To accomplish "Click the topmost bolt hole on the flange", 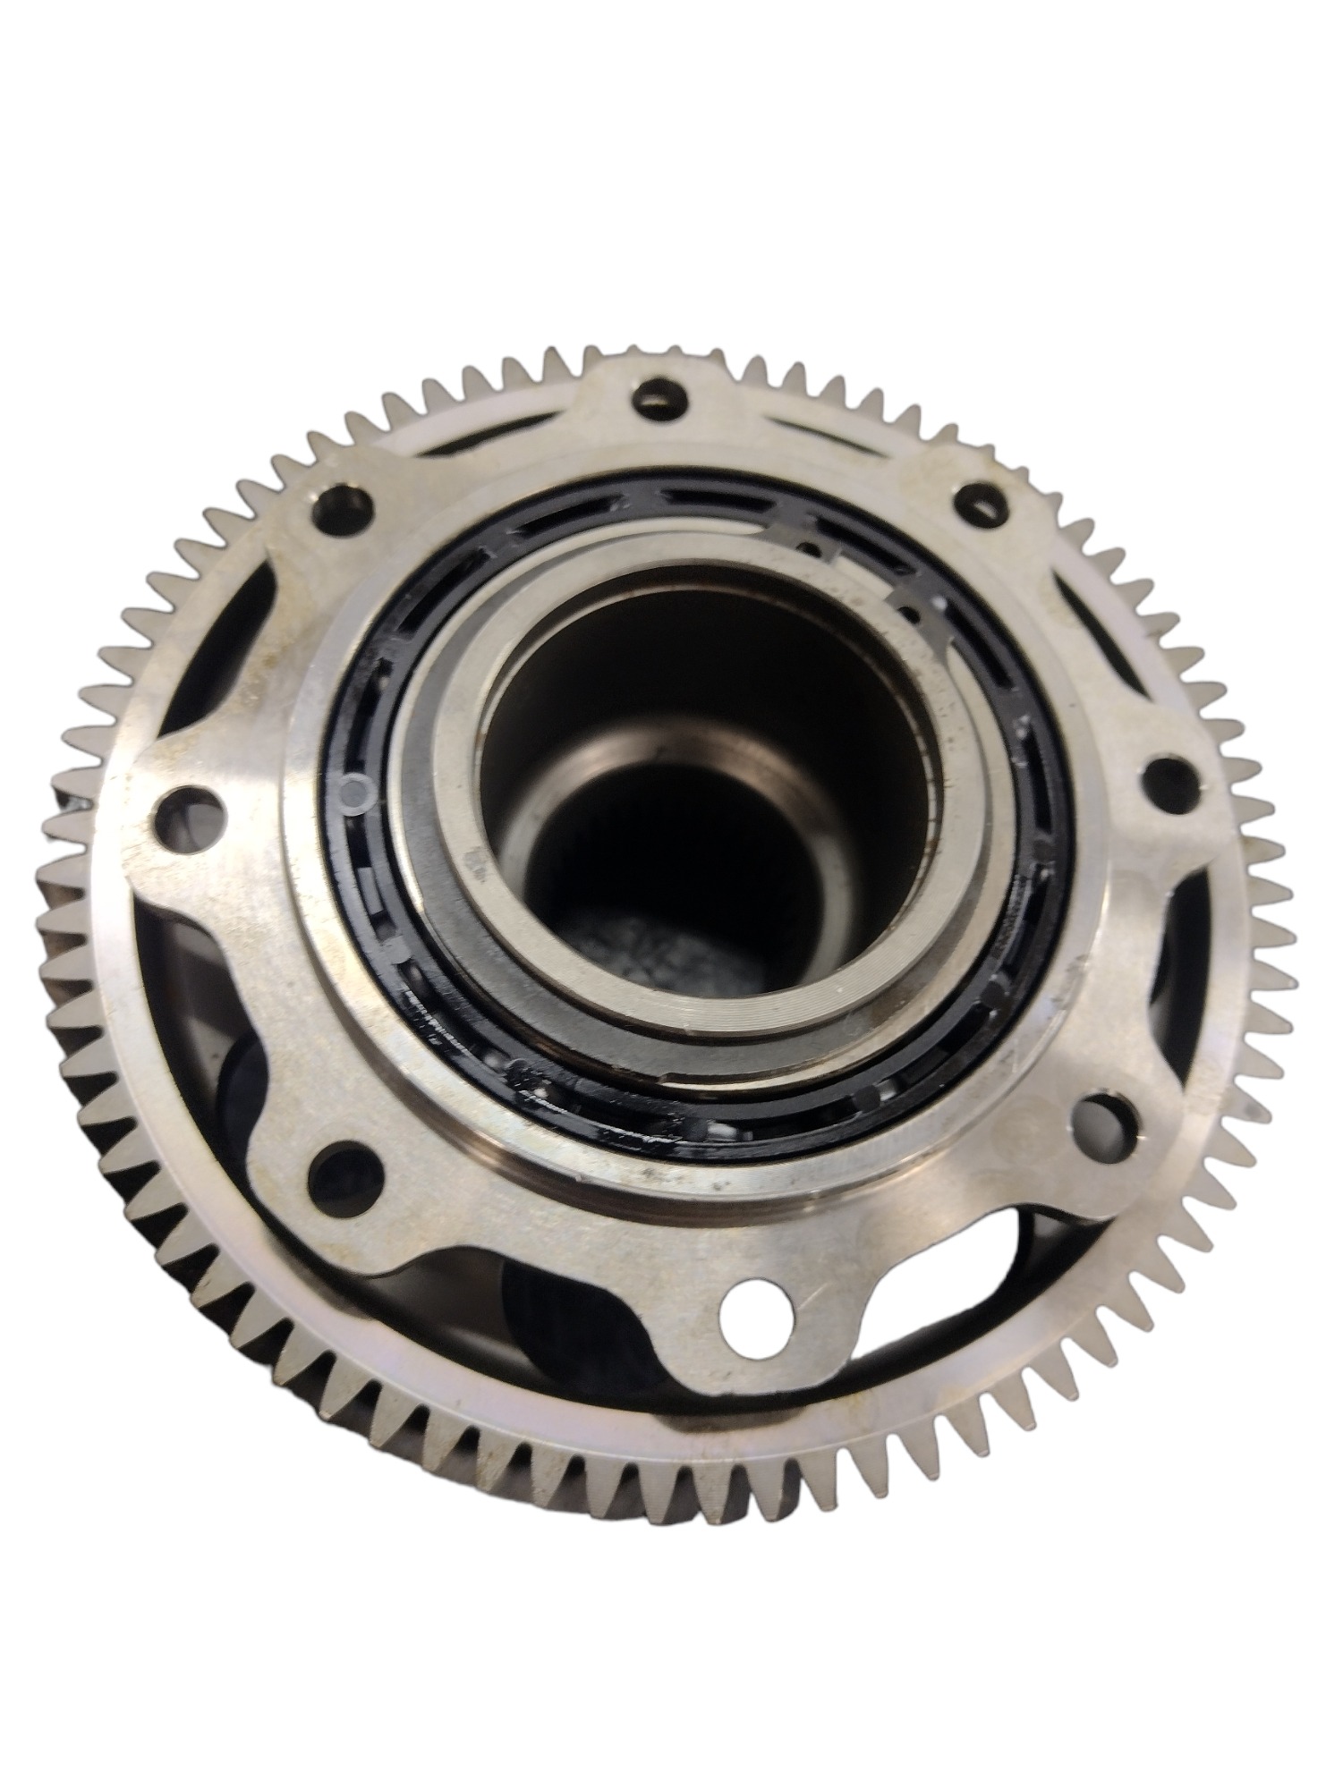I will (x=663, y=396).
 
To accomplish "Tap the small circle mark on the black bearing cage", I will (x=356, y=787).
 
